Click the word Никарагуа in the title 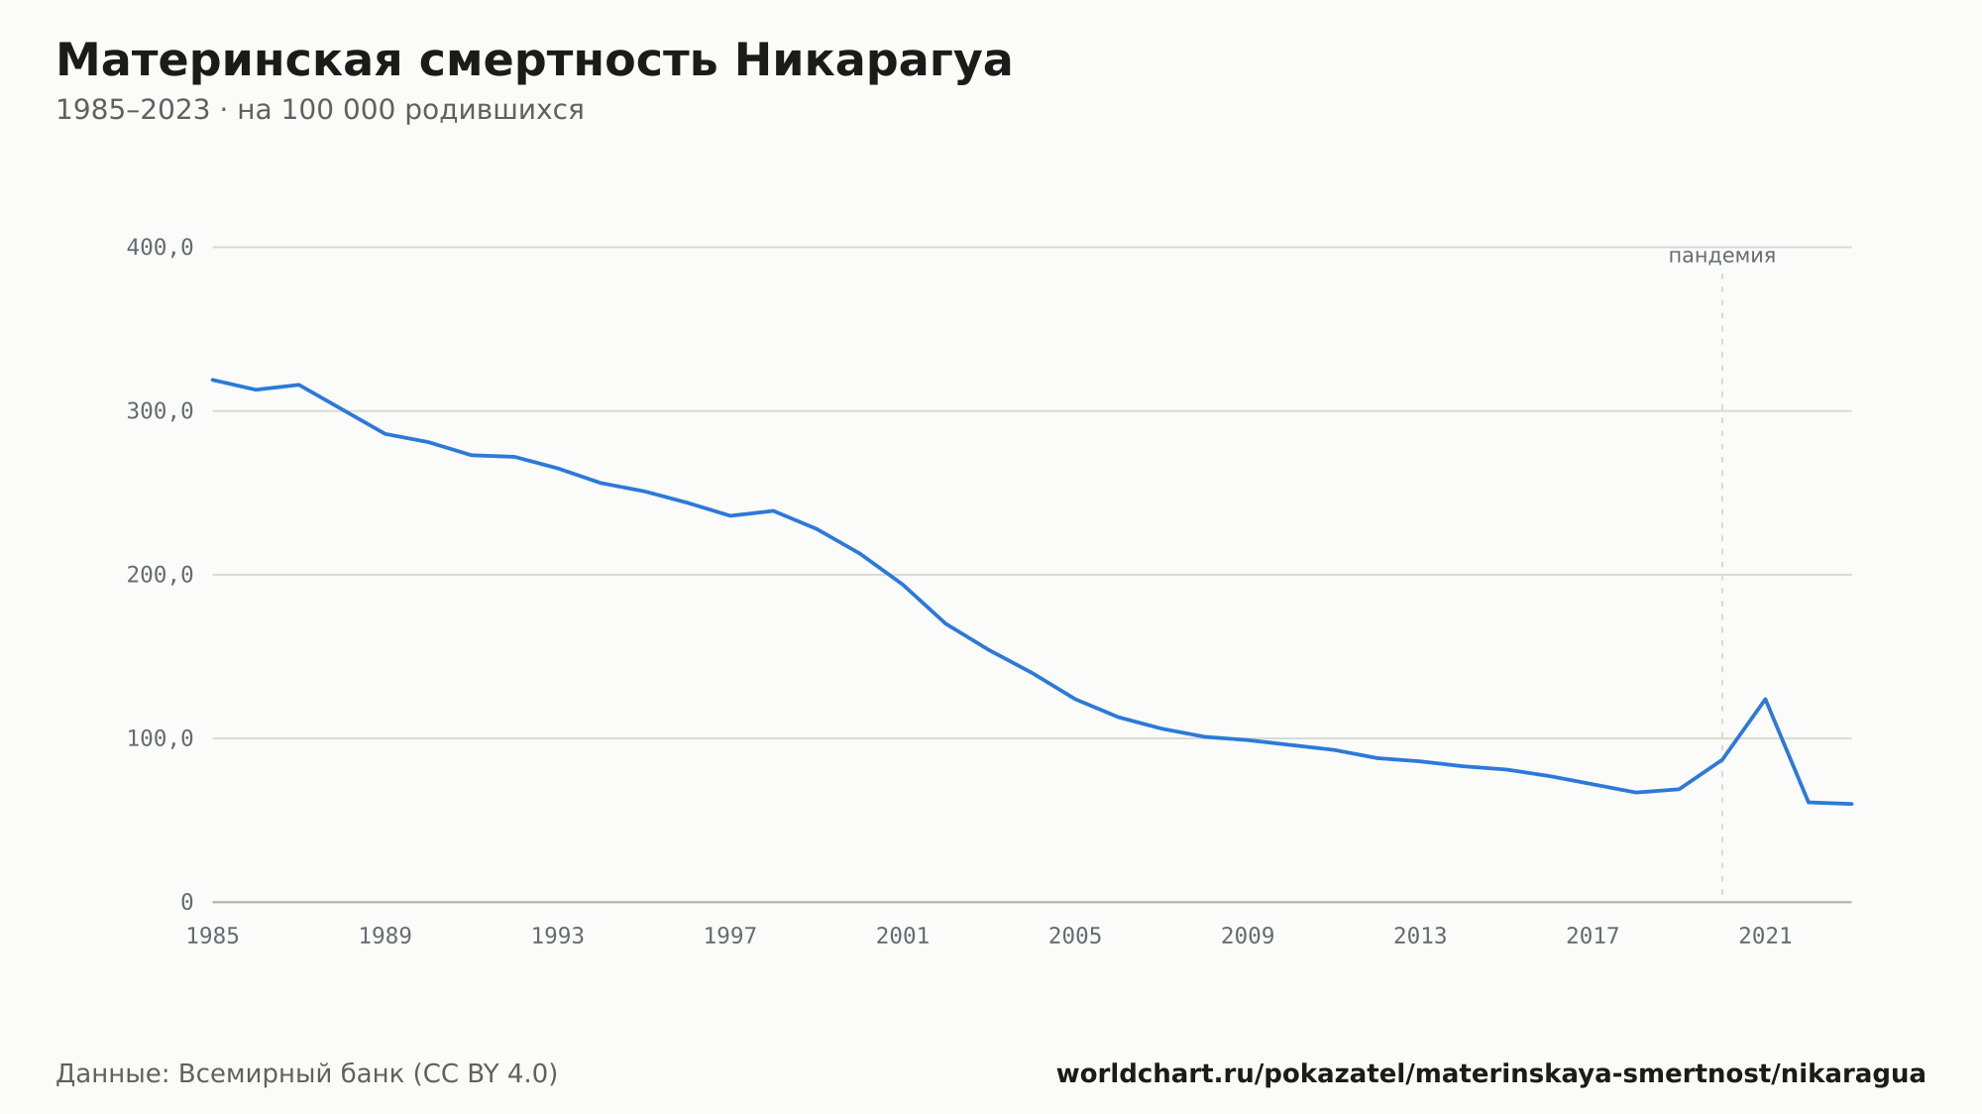(873, 61)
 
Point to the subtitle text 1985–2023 (133, 110)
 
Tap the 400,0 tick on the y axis (160, 248)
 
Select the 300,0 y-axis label (160, 411)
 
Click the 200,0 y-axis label (160, 575)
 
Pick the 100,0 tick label (160, 738)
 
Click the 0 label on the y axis (186, 903)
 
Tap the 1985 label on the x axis (213, 937)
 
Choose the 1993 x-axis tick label (558, 937)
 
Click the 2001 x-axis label (903, 937)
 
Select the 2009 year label (1248, 937)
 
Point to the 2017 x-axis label (1593, 937)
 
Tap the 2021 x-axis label (1765, 937)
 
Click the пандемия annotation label (1722, 256)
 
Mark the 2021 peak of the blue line (1765, 700)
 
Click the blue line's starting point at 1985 (213, 380)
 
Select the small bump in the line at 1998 (773, 510)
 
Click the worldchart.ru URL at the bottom (1491, 1074)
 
